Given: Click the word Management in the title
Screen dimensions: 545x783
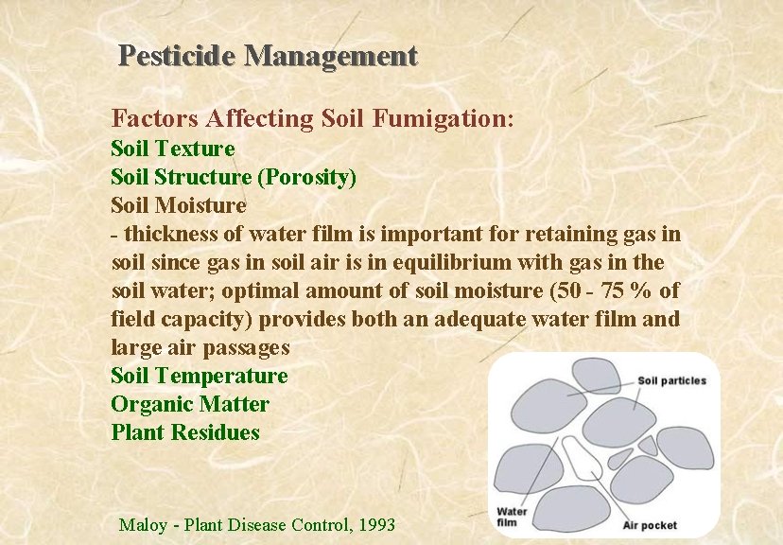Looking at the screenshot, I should [x=330, y=56].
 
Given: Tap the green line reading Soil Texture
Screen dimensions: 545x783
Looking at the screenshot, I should [x=173, y=149].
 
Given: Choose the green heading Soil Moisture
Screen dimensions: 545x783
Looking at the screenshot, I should [x=179, y=205].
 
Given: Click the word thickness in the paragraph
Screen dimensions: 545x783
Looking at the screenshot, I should [x=168, y=234].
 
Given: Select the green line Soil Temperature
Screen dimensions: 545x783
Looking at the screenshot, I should [x=200, y=376].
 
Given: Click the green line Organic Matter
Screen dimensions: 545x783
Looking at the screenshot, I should [x=190, y=404].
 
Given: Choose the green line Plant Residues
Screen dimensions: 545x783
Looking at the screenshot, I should [x=185, y=432].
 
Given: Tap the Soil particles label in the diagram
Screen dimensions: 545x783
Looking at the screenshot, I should [x=671, y=381].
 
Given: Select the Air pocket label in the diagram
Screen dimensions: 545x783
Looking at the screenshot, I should [x=650, y=524].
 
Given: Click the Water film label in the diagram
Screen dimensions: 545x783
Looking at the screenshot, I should [x=512, y=516].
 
